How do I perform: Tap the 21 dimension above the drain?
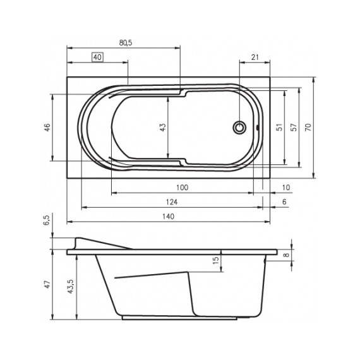click(x=256, y=57)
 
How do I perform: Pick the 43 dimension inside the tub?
click(x=162, y=127)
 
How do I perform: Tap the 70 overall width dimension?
click(x=308, y=127)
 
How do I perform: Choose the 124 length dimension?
click(x=171, y=201)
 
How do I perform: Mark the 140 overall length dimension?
click(x=169, y=216)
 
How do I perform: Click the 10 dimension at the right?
click(x=286, y=188)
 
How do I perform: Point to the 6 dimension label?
click(x=285, y=201)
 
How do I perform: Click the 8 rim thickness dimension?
click(x=285, y=255)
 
